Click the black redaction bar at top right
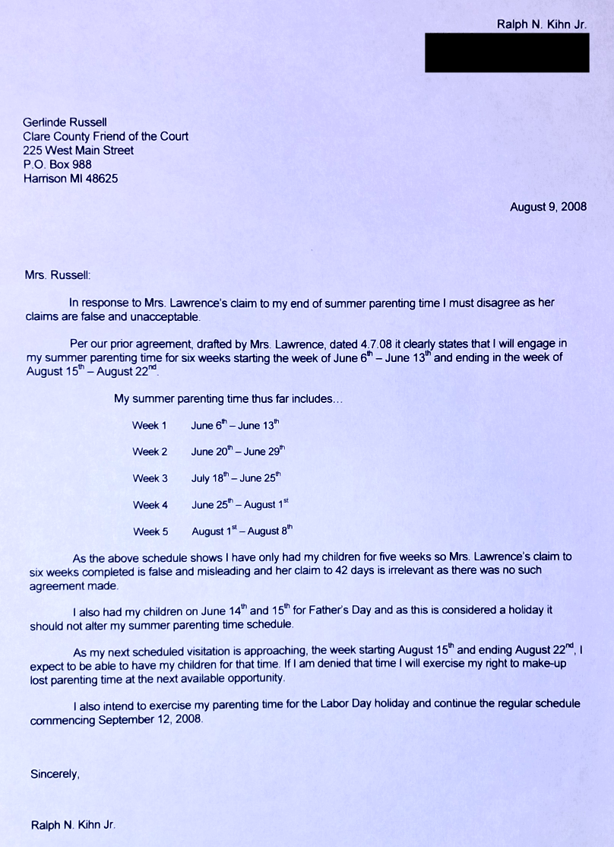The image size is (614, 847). [x=507, y=52]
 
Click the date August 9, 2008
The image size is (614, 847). [x=548, y=207]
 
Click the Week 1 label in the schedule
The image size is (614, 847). [x=149, y=426]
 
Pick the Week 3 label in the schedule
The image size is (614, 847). [x=150, y=479]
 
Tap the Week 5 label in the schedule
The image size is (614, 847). [x=150, y=532]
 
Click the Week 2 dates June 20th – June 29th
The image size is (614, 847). [x=238, y=452]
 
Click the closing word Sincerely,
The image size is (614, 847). [x=55, y=774]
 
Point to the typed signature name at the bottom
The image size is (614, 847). [x=73, y=824]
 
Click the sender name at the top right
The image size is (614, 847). [x=541, y=24]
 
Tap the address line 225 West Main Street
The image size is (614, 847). [x=78, y=151]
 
